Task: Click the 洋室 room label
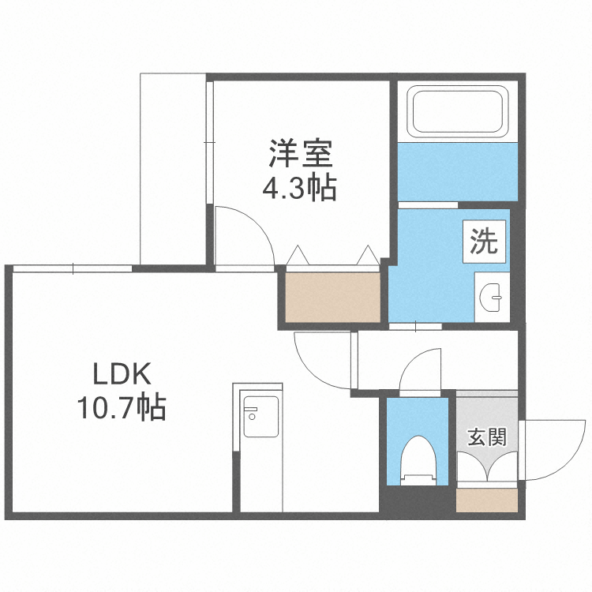[302, 152]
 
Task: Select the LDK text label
[122, 373]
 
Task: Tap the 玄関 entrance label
[486, 437]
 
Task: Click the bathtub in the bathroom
[457, 111]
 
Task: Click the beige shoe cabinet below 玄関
[487, 500]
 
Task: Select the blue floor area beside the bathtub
[457, 172]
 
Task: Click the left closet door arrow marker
[299, 256]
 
